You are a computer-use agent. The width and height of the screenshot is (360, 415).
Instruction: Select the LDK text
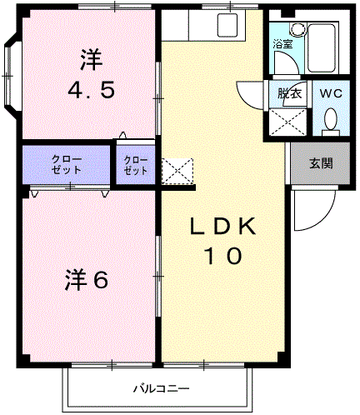tap(223, 227)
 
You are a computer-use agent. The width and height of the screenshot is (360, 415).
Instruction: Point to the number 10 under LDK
tap(222, 256)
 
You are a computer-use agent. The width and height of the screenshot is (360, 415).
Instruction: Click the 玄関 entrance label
tap(321, 162)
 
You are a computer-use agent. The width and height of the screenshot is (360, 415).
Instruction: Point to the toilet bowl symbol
tap(330, 123)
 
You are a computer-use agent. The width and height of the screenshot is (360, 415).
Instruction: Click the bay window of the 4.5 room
tap(10, 75)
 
